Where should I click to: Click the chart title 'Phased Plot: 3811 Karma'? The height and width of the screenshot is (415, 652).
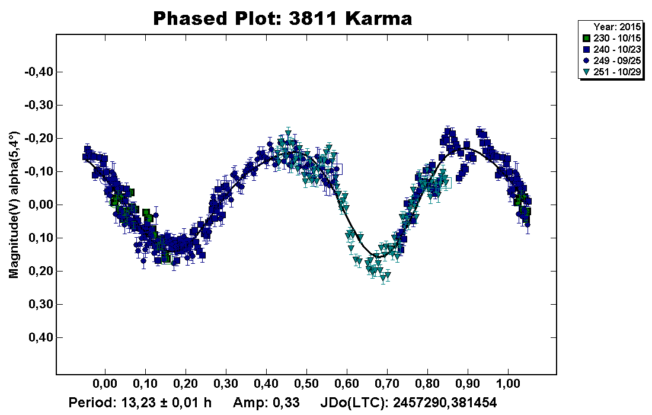[282, 18]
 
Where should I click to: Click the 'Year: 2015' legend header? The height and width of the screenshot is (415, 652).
[611, 27]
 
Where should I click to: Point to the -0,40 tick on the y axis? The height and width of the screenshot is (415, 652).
[39, 72]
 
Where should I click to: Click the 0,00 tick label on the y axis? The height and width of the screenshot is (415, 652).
[41, 205]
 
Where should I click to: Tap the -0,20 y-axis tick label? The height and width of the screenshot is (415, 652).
[39, 138]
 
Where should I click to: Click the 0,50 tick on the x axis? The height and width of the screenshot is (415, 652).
[306, 384]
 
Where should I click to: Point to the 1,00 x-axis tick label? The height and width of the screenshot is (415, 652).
[508, 384]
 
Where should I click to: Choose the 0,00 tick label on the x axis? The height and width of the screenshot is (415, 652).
[105, 384]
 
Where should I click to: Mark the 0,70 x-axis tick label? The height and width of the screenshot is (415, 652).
[387, 384]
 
